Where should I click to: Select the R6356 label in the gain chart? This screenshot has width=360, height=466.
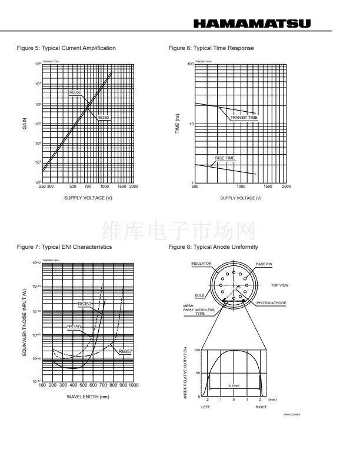tap(75, 92)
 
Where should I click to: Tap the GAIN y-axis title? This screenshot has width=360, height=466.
tap(25, 124)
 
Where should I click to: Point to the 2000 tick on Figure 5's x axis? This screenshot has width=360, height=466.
tap(133, 187)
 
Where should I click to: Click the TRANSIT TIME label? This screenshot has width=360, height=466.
tap(244, 118)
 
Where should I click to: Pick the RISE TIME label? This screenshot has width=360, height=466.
tap(225, 158)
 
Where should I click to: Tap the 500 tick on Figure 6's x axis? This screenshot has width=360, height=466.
tap(195, 187)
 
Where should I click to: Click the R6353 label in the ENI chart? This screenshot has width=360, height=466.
tap(85, 304)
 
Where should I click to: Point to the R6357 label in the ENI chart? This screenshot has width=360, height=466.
tap(125, 351)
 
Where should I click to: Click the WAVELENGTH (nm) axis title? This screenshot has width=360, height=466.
tap(87, 396)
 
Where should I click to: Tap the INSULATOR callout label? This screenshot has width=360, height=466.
tap(201, 264)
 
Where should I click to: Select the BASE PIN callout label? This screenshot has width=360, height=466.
tap(264, 264)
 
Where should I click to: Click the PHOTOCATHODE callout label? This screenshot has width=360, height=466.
tap(270, 303)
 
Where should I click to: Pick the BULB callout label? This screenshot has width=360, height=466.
tap(199, 296)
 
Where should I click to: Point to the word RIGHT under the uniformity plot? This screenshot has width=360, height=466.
tap(261, 407)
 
